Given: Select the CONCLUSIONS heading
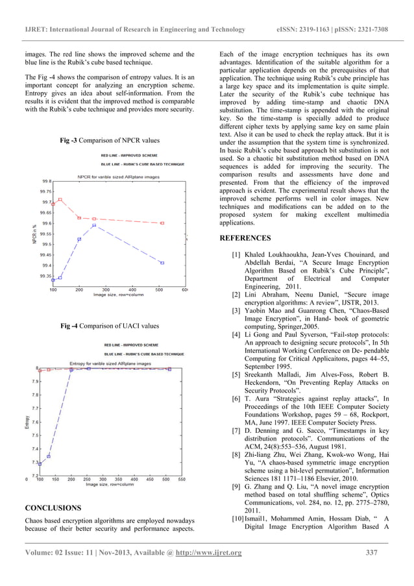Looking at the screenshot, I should [53, 507].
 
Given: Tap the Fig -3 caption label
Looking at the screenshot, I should [109, 140].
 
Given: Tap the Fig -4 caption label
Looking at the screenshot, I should [109, 326].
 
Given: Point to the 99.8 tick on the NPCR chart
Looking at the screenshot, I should [47, 182].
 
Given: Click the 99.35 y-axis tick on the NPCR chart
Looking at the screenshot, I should [45, 276].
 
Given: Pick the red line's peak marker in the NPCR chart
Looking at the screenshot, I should [60, 199].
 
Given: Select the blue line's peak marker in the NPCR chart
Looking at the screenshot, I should [93, 226].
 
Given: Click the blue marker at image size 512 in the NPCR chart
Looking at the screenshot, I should [162, 263].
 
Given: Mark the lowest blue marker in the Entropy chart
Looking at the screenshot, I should [40, 464].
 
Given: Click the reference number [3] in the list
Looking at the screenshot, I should [237, 311].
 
